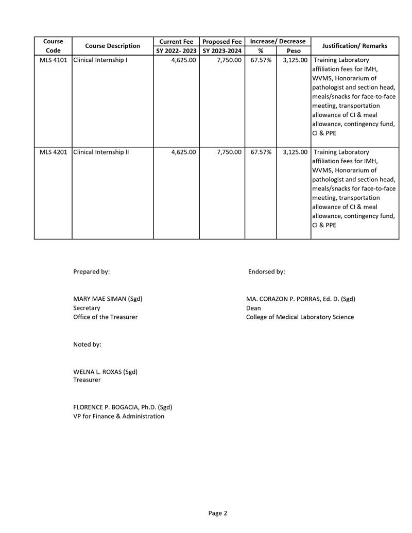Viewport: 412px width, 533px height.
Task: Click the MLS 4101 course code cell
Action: pos(53,60)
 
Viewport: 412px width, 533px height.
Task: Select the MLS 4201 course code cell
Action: pos(53,152)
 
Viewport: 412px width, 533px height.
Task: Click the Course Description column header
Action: pos(112,46)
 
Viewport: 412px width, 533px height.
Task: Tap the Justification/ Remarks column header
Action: pos(354,46)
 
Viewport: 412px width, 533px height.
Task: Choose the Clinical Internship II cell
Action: pos(101,152)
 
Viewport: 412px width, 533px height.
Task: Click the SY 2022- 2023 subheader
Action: pos(176,50)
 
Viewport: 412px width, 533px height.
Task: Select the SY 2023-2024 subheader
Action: pos(222,50)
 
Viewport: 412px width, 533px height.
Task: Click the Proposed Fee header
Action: pos(222,41)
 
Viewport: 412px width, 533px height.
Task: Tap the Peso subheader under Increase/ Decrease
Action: pos(293,50)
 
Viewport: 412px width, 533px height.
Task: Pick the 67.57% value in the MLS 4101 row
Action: pos(261,60)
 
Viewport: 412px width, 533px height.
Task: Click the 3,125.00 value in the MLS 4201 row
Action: pos(295,152)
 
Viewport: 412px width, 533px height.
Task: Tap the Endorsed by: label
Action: pos(266,271)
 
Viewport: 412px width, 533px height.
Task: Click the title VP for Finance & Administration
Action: pos(118,416)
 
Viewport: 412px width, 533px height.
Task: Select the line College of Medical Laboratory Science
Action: pos(300,317)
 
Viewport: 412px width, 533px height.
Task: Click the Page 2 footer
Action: pos(217,513)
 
